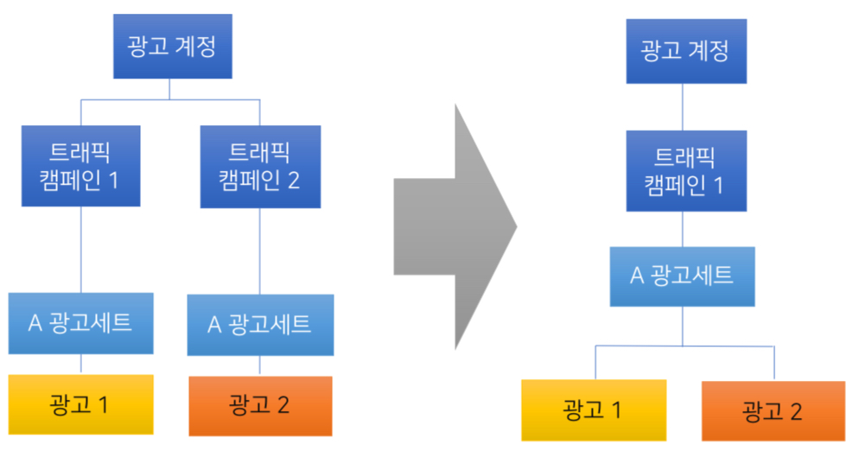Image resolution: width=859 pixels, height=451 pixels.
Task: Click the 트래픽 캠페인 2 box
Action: (x=260, y=167)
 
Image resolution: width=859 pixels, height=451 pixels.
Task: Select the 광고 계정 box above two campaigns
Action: (x=173, y=47)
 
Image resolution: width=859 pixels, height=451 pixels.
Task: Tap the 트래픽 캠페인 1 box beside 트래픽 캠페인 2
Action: (x=80, y=166)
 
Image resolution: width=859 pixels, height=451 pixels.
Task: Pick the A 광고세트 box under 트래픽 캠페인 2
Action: (x=260, y=325)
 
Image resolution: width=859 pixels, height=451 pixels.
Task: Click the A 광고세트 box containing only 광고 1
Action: (x=80, y=323)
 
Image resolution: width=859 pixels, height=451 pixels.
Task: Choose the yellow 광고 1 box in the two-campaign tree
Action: (x=80, y=404)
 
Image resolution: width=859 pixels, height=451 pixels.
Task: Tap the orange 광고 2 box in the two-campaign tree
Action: (x=260, y=406)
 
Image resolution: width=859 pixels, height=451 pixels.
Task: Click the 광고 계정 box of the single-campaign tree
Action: (x=686, y=52)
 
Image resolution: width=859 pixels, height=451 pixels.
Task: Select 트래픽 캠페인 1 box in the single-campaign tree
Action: (x=686, y=171)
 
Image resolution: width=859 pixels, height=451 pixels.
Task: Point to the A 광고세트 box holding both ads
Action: (x=682, y=276)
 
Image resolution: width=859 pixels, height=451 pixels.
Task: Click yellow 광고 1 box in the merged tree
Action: (x=594, y=410)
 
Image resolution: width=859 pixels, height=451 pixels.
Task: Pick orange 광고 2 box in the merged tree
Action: (x=773, y=411)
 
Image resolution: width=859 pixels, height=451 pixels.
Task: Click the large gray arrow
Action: (x=455, y=226)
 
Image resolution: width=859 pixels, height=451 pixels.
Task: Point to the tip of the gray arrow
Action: (x=517, y=226)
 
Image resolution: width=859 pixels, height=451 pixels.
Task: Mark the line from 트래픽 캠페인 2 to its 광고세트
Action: (x=259, y=251)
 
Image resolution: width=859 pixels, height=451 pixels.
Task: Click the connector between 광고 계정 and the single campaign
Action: (x=683, y=107)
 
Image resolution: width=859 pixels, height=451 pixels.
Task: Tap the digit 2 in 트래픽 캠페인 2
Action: (x=293, y=181)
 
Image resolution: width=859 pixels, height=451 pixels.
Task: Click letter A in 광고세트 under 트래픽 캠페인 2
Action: (x=214, y=325)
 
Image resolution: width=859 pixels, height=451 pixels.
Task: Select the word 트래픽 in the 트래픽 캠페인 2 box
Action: (x=258, y=152)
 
